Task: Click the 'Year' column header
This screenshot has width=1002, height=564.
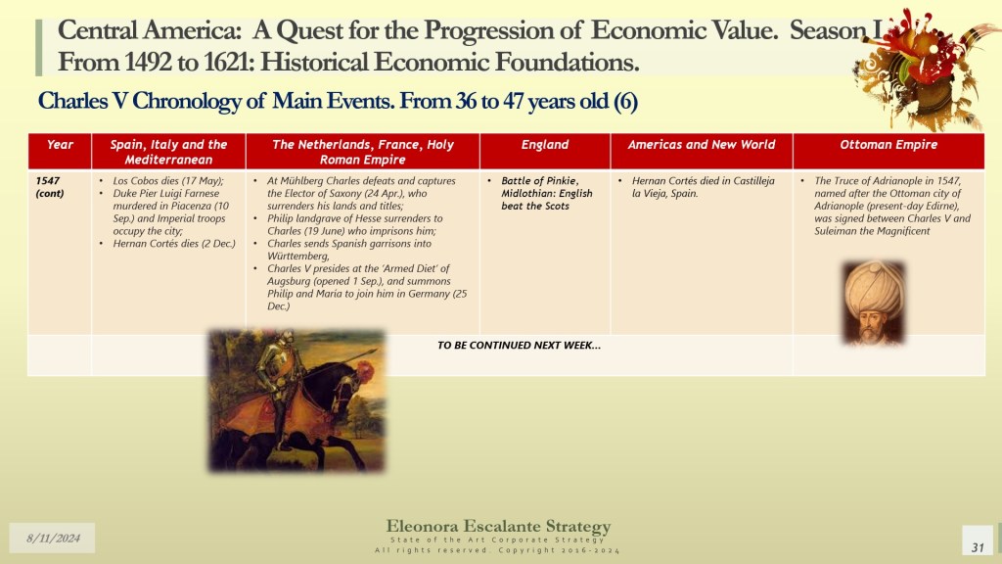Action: click(x=60, y=145)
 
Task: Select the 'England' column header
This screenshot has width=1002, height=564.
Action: click(x=545, y=145)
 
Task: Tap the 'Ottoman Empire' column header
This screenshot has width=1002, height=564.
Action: click(x=888, y=145)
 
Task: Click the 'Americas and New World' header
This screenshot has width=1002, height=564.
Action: click(x=701, y=145)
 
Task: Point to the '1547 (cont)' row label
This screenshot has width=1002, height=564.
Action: click(x=50, y=187)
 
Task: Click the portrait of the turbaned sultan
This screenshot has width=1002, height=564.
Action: click(x=874, y=303)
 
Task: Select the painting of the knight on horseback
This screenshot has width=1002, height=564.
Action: click(x=297, y=400)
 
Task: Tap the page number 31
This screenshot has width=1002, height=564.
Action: click(x=978, y=547)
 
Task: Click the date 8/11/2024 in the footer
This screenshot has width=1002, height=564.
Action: click(x=53, y=539)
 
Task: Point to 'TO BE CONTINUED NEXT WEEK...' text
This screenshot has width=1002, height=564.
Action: click(x=519, y=346)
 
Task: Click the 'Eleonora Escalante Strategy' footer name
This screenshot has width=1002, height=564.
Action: click(x=498, y=526)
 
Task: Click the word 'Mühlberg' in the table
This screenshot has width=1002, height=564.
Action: click(x=301, y=181)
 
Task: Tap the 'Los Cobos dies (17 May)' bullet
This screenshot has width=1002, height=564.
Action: click(x=168, y=181)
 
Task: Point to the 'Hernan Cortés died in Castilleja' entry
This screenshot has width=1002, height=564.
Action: click(x=703, y=181)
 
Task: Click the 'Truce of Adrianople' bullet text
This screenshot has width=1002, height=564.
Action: click(x=892, y=206)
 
